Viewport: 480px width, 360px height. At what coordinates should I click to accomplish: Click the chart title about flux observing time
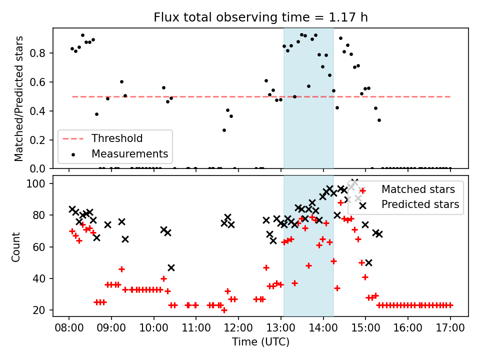coord(260,18)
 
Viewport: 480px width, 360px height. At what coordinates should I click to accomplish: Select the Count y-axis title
coord(16,246)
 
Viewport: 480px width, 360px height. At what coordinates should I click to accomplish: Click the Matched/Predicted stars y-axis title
coord(19,98)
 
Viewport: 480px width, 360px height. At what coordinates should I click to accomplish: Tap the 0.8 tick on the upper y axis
coord(42,53)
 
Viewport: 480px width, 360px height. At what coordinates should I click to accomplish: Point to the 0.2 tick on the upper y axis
coord(42,139)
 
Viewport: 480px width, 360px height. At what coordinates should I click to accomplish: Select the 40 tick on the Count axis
coord(42,278)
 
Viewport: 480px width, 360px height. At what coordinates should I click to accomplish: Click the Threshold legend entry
coord(116,138)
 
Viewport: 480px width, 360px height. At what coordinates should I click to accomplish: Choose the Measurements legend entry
coord(129,153)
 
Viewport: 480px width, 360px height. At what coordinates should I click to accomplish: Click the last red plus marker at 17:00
coord(450,305)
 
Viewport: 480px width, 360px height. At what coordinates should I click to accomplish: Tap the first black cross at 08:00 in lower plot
coord(72,209)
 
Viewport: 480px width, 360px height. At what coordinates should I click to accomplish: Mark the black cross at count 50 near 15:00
coord(368,262)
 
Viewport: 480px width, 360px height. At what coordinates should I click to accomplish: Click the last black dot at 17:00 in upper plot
coord(450,168)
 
